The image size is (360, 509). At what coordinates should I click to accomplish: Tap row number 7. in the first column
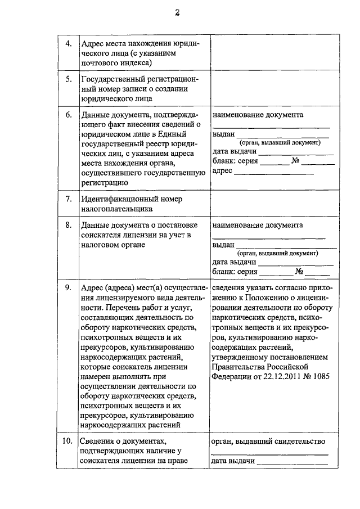(x=67, y=199)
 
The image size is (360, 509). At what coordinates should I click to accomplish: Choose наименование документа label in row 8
(x=257, y=225)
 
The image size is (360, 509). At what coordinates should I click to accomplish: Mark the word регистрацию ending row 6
(x=105, y=182)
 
